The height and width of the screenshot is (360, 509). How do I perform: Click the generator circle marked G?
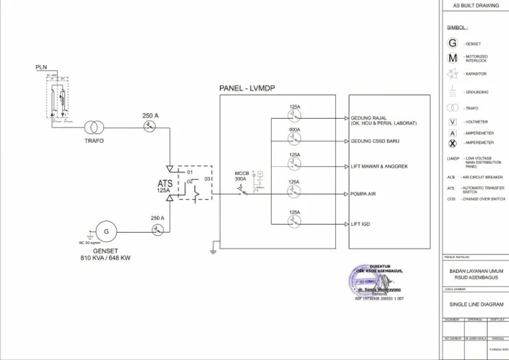point(105,231)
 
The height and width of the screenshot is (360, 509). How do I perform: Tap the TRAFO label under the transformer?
point(94,141)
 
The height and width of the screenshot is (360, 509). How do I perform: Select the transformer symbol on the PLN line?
point(94,127)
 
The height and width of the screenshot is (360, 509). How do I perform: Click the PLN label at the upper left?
point(41,68)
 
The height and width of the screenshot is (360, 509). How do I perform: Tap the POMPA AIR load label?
point(364,194)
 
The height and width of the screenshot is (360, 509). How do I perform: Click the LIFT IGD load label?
point(361,224)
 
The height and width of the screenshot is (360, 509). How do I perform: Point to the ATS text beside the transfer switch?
point(165,183)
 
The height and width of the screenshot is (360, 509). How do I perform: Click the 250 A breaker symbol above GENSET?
point(157,229)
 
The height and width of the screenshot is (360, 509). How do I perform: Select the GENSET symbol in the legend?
point(453,44)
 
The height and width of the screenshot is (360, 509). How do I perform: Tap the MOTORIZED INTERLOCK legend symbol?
point(453,58)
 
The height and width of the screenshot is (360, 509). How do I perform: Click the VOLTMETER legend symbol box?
point(453,122)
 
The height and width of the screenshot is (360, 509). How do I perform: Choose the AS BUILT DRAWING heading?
point(475,5)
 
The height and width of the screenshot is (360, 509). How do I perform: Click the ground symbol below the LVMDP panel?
point(213,251)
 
